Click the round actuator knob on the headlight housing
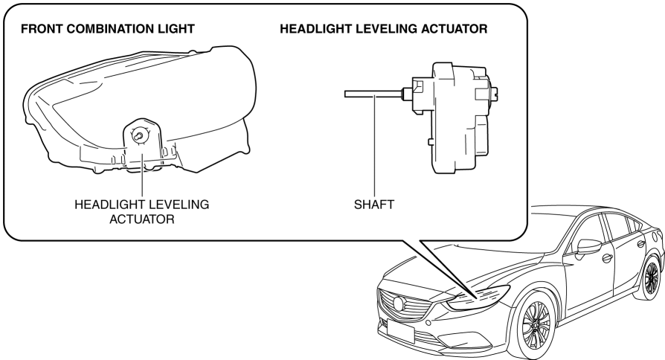[x=138, y=135]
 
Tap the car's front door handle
[x=608, y=258]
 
